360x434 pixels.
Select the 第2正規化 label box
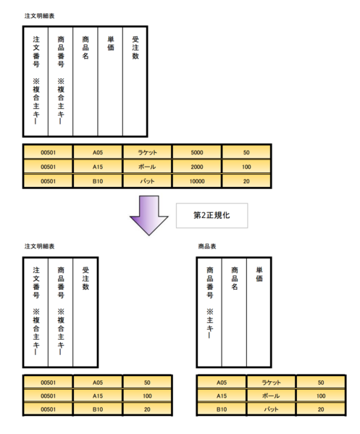[x=212, y=216]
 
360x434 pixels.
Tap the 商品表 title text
[x=207, y=246]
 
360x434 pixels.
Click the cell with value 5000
[x=197, y=152]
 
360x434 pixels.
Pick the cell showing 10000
[x=197, y=181]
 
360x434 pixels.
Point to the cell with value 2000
[x=197, y=167]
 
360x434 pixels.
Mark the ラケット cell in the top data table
[x=147, y=152]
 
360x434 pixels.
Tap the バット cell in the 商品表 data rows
[x=271, y=409]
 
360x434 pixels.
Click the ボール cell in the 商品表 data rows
[x=271, y=396]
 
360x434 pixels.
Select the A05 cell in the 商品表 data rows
[x=222, y=383]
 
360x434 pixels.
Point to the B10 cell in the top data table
[x=98, y=181]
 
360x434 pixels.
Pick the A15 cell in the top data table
[x=98, y=167]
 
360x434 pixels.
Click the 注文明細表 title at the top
[x=39, y=16]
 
